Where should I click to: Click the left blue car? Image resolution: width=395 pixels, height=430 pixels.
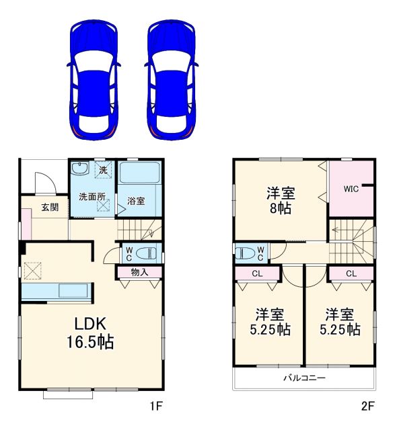[x=94, y=80]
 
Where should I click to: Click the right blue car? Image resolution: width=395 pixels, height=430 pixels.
[x=172, y=80]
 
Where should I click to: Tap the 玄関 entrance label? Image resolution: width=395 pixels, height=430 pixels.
[x=50, y=207]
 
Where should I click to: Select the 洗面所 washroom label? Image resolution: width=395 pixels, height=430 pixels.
[x=92, y=196]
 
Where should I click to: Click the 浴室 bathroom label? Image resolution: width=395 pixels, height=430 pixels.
[x=136, y=201]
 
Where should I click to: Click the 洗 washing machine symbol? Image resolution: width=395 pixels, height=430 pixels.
[x=103, y=170]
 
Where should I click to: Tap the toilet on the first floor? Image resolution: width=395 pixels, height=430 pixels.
[x=145, y=253]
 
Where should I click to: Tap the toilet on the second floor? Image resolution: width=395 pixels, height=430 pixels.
[x=246, y=253]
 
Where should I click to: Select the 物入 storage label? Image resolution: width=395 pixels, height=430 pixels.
[x=139, y=272]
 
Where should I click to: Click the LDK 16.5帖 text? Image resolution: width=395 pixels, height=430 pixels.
[x=90, y=333]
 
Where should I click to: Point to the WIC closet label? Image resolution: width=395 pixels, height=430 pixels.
[x=351, y=189]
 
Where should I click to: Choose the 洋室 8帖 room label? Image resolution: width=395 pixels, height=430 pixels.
[x=281, y=201]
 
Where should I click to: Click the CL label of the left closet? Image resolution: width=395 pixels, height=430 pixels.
[x=257, y=273]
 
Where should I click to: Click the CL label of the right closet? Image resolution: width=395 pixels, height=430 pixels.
[x=351, y=273]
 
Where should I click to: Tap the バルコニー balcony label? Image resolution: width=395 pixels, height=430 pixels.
[x=305, y=378]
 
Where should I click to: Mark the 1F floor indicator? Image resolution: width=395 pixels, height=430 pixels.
[x=156, y=406]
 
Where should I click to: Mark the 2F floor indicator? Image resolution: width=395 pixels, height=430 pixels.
[x=368, y=406]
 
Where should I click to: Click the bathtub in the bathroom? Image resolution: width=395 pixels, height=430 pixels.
[x=140, y=173]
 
